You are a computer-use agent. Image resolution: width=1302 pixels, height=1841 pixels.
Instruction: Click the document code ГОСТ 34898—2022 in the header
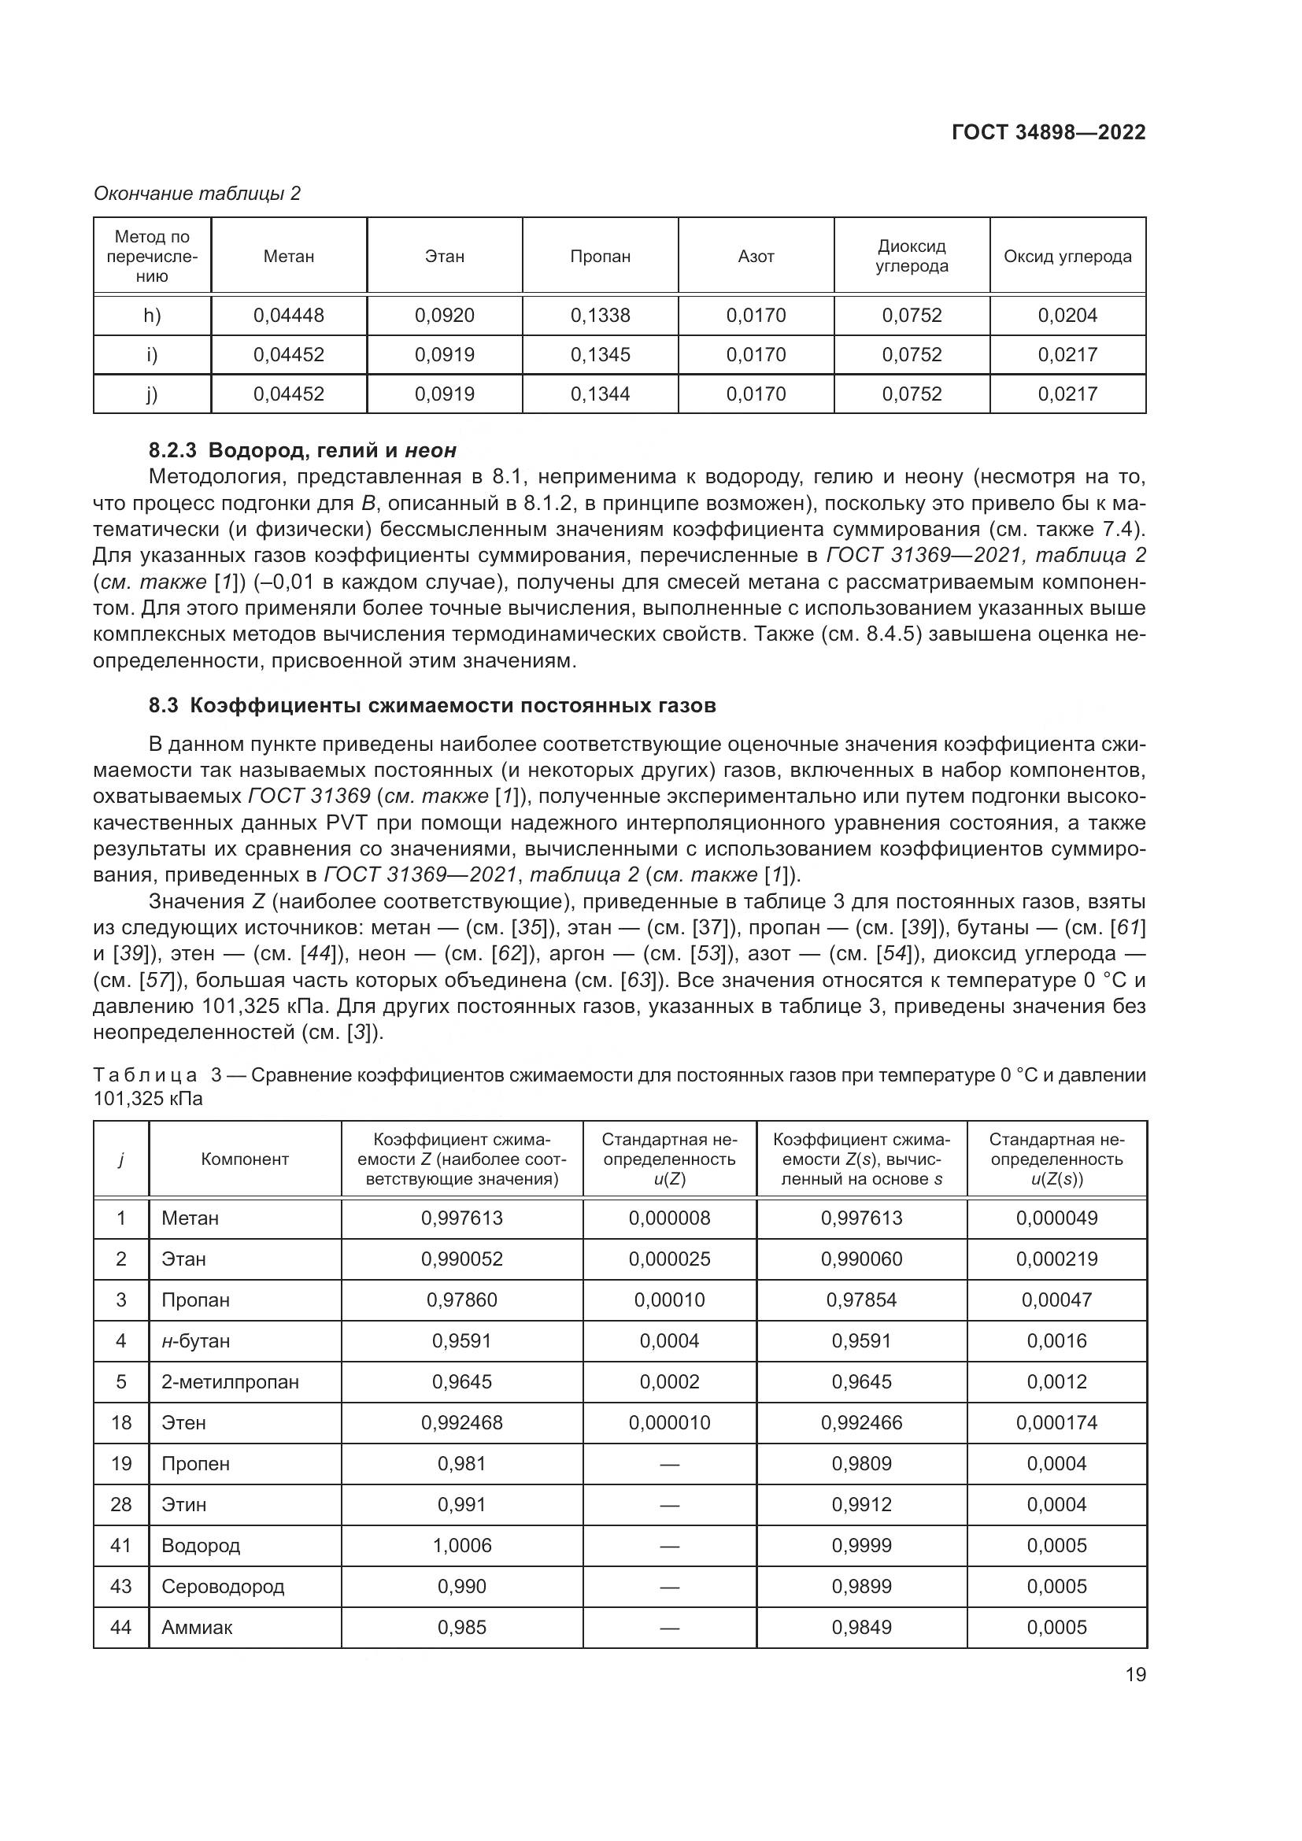click(1048, 132)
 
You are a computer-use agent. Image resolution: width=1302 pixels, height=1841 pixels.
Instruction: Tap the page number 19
click(1135, 1674)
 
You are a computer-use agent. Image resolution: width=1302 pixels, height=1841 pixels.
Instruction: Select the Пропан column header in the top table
click(600, 257)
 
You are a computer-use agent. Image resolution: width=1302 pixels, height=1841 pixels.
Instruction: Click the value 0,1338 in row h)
click(600, 315)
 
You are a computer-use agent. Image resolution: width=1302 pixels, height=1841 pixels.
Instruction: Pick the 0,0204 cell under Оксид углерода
click(1067, 315)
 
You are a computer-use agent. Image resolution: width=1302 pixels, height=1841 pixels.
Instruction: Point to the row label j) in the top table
click(151, 394)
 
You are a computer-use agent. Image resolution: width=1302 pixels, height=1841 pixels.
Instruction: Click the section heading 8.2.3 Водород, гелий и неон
click(302, 451)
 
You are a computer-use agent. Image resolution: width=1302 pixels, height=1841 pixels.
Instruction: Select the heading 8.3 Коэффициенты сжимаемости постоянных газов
click(432, 705)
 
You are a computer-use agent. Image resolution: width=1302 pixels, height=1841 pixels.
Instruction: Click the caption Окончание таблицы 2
click(198, 194)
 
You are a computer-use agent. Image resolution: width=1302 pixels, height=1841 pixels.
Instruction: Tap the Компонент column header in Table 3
click(245, 1159)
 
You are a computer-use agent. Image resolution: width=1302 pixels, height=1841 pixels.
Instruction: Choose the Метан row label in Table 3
click(190, 1218)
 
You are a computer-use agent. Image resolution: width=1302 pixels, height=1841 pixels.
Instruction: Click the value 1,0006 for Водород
click(462, 1545)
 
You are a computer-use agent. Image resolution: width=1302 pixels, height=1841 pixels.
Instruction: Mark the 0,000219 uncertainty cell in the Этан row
click(1056, 1259)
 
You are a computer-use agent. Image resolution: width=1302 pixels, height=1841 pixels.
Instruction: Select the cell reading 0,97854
click(861, 1299)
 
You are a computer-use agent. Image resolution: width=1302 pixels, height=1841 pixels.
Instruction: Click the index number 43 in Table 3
click(121, 1586)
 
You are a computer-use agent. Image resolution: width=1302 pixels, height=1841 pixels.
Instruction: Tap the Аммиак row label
click(198, 1627)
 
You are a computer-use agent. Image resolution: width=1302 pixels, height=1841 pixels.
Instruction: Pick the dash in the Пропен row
click(669, 1464)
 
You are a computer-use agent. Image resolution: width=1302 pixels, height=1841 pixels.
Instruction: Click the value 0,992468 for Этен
click(462, 1422)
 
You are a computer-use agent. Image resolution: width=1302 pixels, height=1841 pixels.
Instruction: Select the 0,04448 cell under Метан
click(289, 315)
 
